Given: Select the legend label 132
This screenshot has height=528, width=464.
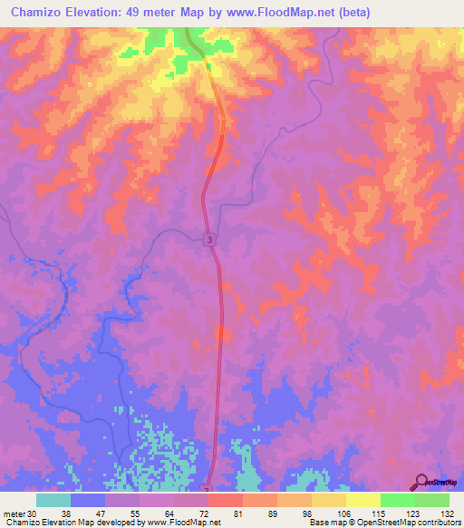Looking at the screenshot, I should (x=445, y=513).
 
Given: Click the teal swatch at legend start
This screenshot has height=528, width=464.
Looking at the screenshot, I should (x=53, y=500).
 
